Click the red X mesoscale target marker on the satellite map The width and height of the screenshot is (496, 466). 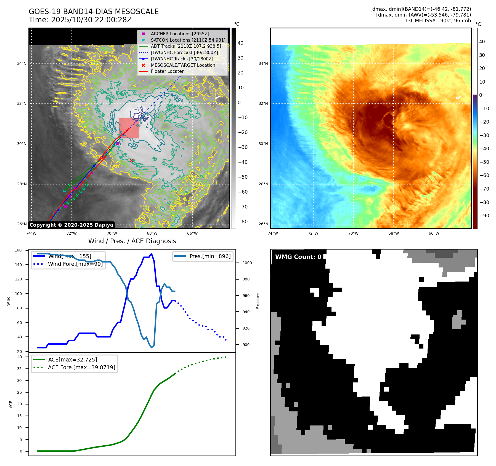131,160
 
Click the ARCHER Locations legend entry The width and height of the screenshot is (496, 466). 180,34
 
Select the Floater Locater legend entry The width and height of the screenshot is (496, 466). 167,71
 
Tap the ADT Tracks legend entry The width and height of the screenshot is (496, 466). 186,46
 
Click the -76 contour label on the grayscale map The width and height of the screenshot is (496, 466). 138,109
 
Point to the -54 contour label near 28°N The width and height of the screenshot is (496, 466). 160,180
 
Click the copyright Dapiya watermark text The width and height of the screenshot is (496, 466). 71,225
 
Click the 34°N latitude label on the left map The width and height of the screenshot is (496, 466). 22,64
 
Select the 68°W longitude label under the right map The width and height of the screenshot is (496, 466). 394,233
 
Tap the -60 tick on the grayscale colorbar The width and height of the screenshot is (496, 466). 243,192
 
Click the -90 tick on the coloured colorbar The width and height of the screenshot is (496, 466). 484,216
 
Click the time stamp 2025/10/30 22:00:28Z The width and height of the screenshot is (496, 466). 91,20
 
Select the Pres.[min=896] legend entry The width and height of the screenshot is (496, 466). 210,256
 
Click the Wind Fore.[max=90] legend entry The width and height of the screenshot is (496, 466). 75,264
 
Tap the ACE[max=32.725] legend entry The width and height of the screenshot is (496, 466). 72,360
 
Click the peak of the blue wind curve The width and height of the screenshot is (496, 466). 151,254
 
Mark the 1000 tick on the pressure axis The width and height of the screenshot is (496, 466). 247,263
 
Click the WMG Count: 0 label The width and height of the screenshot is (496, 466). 298,257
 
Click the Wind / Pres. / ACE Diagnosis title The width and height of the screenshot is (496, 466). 132,241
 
